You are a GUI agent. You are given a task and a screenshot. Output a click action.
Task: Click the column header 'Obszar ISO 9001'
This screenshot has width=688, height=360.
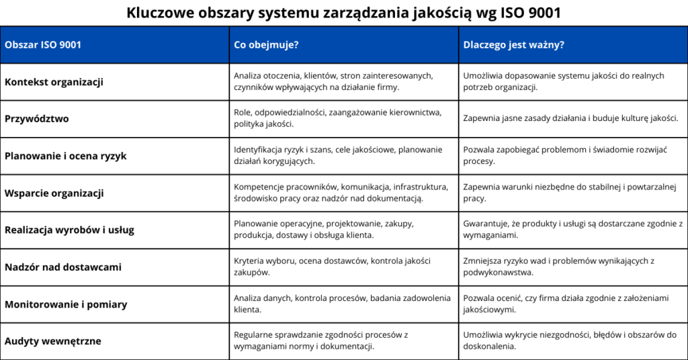tap(44, 45)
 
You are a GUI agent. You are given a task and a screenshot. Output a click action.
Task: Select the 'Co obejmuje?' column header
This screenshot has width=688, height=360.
tap(266, 45)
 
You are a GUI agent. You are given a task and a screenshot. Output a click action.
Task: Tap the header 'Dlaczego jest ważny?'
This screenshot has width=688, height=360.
tap(514, 45)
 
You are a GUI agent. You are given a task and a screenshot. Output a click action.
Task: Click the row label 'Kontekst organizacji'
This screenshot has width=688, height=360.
tap(54, 82)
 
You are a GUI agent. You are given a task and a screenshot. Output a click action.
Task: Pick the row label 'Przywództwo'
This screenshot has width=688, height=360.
tap(37, 119)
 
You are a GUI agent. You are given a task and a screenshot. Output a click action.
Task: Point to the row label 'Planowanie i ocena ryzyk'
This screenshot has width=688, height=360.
tap(65, 156)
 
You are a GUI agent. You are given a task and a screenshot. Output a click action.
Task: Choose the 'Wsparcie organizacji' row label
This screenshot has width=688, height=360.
tap(54, 193)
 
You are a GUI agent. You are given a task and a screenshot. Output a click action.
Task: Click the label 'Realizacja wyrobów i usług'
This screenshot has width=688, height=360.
tap(69, 230)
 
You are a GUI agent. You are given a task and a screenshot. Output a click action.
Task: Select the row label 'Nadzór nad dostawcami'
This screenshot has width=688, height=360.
tap(63, 267)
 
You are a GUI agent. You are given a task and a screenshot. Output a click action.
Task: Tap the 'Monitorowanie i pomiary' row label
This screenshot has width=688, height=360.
tap(66, 304)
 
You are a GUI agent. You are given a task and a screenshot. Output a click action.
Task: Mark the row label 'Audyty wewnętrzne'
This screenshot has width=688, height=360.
tap(53, 341)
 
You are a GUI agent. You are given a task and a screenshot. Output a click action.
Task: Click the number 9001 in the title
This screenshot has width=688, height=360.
tap(540, 13)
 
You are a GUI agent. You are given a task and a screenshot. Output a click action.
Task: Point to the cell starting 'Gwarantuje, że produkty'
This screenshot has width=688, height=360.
tap(572, 230)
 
